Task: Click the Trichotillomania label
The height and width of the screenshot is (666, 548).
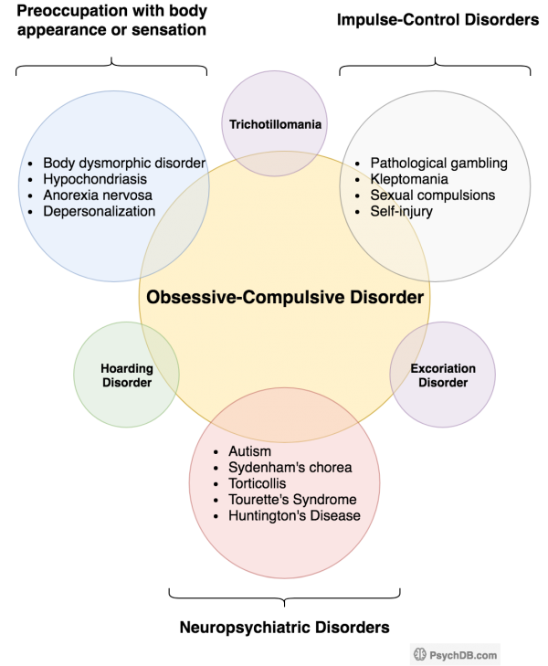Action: (275, 123)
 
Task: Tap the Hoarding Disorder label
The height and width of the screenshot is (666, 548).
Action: (126, 375)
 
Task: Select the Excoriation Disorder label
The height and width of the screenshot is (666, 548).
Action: (443, 375)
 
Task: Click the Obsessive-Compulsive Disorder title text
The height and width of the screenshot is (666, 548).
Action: (284, 298)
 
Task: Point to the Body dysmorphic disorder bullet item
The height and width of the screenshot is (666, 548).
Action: (124, 163)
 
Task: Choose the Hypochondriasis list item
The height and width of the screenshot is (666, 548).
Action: (95, 179)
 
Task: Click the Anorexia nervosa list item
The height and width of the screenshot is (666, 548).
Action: (97, 196)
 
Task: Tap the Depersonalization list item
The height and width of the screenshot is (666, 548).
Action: (99, 212)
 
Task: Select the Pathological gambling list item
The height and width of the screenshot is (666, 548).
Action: (438, 163)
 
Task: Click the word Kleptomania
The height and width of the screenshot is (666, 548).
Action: (408, 179)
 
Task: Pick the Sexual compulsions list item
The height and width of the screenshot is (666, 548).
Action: (432, 196)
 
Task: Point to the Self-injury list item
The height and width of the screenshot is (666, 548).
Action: (401, 212)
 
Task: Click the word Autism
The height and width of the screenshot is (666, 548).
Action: (249, 451)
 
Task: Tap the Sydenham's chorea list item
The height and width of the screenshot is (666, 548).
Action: (290, 468)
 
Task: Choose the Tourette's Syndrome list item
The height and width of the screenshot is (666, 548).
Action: (292, 500)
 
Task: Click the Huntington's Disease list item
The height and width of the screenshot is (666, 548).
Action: (294, 516)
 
